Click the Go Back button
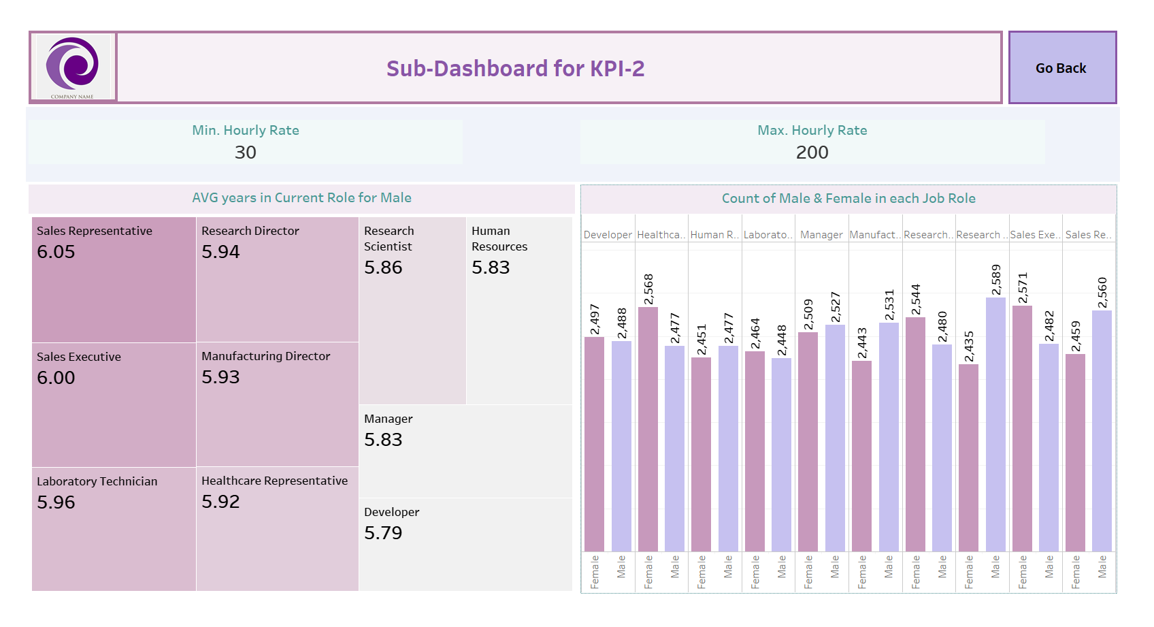pyautogui.click(x=1061, y=68)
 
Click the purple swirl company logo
pyautogui.click(x=72, y=65)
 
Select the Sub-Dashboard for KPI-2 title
pyautogui.click(x=515, y=69)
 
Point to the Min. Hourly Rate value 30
pyautogui.click(x=246, y=152)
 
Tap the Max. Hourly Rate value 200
pyautogui.click(x=812, y=152)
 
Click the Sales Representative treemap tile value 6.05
pyautogui.click(x=56, y=252)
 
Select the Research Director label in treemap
pyautogui.click(x=250, y=231)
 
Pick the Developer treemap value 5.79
pyautogui.click(x=383, y=533)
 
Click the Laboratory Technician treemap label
pyautogui.click(x=97, y=481)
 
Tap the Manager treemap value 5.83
pyautogui.click(x=383, y=440)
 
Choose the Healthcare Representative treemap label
pyautogui.click(x=274, y=481)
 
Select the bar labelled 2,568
pyautogui.click(x=648, y=429)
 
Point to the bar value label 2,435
pyautogui.click(x=969, y=347)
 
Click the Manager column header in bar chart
pyautogui.click(x=821, y=235)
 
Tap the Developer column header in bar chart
pyautogui.click(x=608, y=235)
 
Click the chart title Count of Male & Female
pyautogui.click(x=848, y=199)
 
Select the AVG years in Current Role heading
pyautogui.click(x=301, y=198)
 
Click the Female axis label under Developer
pyautogui.click(x=595, y=572)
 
